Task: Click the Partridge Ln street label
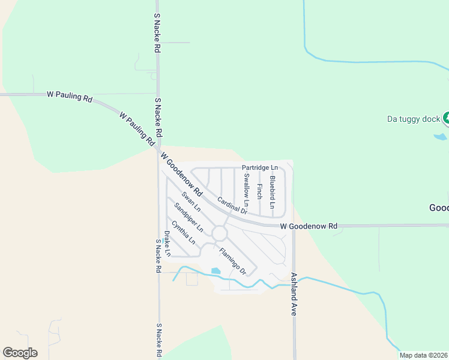pos(260,167)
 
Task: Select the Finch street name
pos(259,191)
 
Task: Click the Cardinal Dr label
pos(232,206)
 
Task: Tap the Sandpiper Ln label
pos(189,218)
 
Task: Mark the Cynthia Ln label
pos(183,233)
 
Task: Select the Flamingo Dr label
pos(233,262)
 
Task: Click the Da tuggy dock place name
pos(414,119)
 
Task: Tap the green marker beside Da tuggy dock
pos(446,118)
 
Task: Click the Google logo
pos(20,353)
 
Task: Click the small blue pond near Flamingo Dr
pos(215,271)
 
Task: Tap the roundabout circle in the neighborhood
pos(220,233)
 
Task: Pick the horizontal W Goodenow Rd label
pos(309,226)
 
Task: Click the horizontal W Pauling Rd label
pos(70,95)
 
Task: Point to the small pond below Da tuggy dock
pos(441,137)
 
